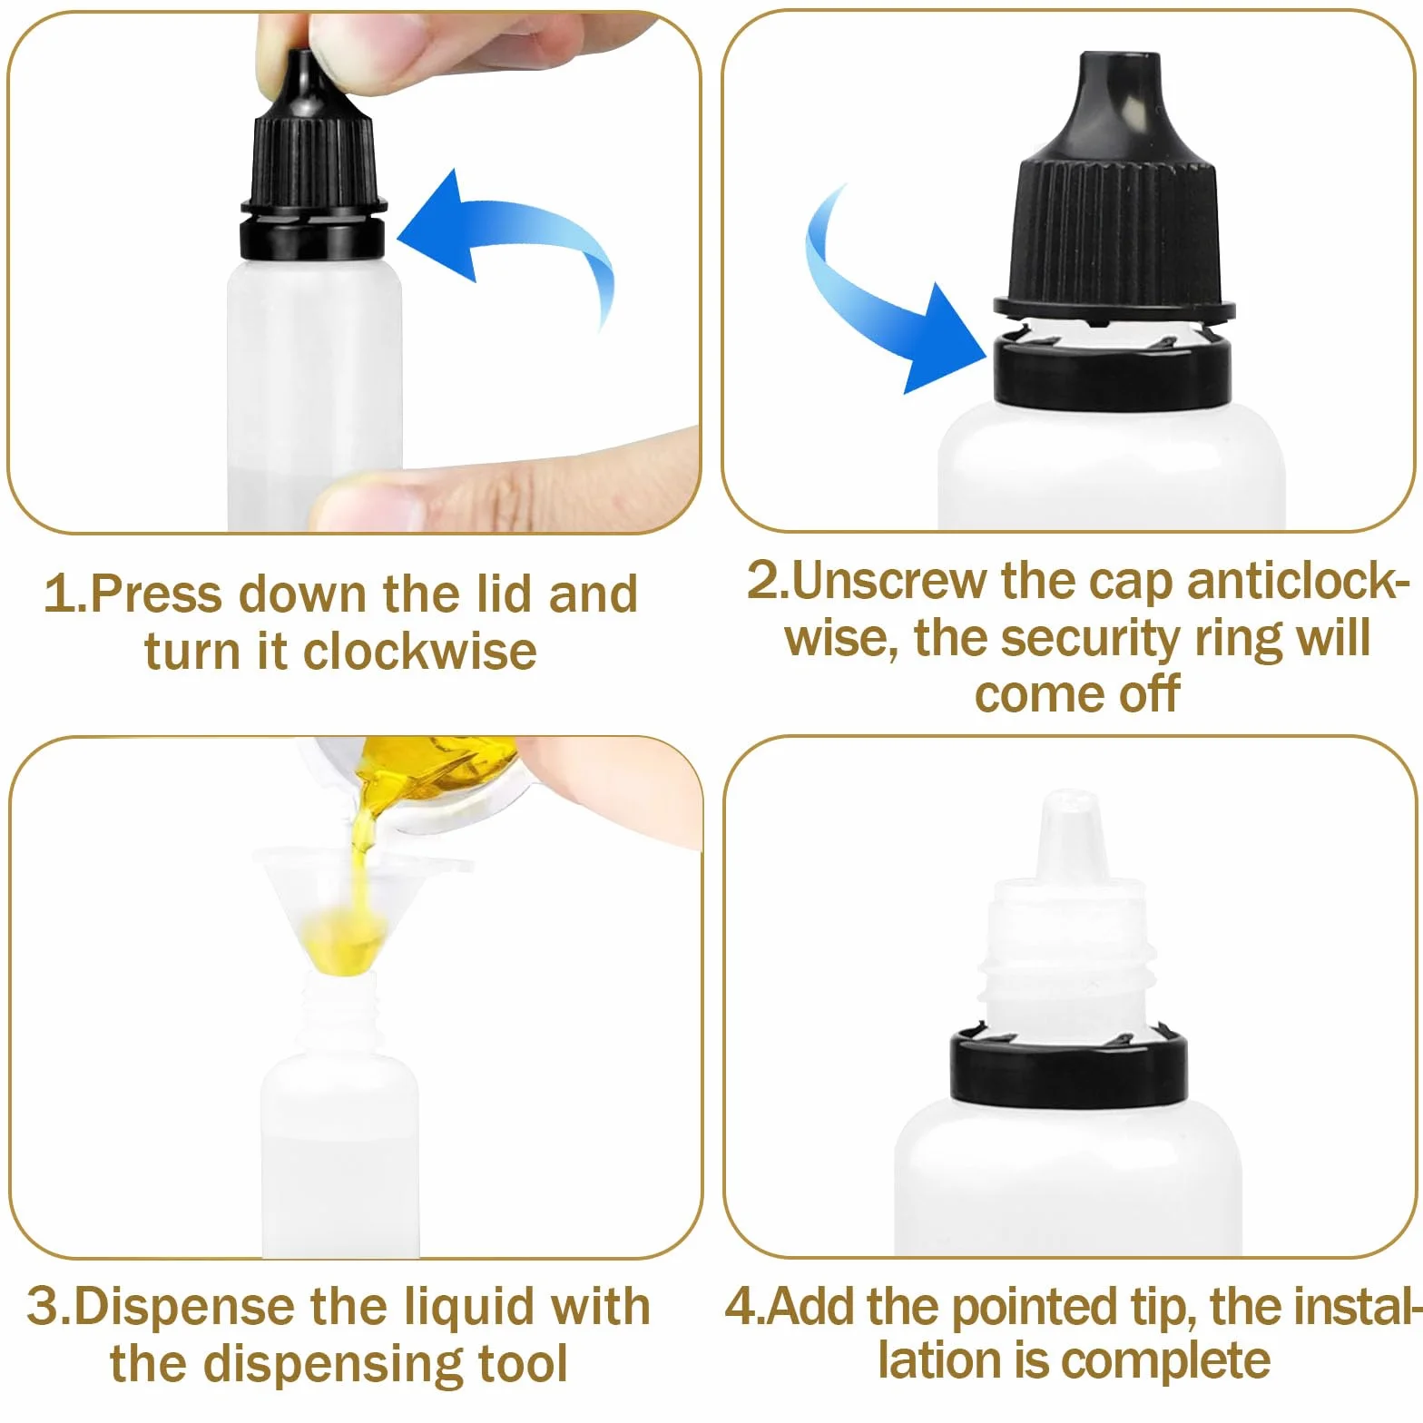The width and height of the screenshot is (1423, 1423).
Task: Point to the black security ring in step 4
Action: pyautogui.click(x=1068, y=1066)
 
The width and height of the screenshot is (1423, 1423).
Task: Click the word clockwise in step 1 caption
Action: pyautogui.click(x=419, y=653)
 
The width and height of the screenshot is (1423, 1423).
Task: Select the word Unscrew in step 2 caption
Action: pyautogui.click(x=888, y=581)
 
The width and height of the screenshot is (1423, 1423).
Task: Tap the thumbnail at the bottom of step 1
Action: pyautogui.click(x=368, y=504)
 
